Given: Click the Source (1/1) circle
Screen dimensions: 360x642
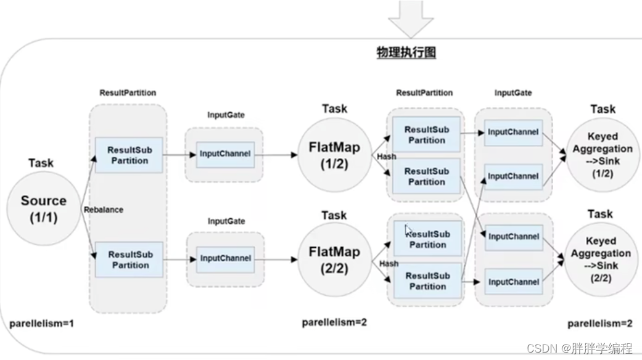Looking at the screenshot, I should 43,209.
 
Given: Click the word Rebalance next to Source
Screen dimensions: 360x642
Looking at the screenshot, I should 103,210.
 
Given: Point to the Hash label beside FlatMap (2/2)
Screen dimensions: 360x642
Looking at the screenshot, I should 389,263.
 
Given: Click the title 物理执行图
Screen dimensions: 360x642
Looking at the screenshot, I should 406,53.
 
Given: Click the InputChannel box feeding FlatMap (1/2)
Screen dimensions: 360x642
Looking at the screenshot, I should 225,154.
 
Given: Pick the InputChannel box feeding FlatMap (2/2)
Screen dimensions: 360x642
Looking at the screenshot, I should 225,258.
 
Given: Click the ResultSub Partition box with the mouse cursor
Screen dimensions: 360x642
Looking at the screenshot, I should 427,239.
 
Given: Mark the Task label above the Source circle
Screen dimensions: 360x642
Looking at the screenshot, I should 41,163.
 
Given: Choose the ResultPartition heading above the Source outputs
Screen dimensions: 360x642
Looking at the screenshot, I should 128,92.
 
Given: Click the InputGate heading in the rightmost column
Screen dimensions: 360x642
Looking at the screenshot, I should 513,92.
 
